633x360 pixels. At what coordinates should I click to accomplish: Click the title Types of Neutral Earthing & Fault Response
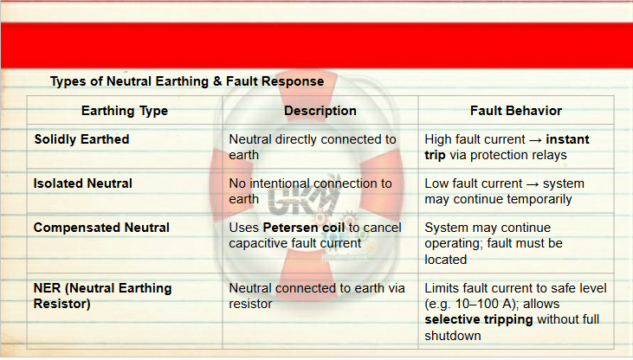pos(187,81)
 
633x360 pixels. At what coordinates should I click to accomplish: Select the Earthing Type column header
pos(125,111)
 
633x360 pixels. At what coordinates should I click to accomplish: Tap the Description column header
pos(320,111)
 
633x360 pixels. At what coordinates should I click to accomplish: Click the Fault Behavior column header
pos(516,111)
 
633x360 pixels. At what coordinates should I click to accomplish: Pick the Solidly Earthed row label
pos(81,139)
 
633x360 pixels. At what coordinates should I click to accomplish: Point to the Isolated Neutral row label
pos(83,183)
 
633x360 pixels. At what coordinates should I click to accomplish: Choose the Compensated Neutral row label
pos(101,228)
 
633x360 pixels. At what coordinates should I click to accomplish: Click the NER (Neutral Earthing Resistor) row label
pos(102,296)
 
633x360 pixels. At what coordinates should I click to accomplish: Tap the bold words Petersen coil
pos(304,228)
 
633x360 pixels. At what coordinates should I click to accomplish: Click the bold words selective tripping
pos(479,319)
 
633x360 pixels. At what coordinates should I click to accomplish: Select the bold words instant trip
pos(507,147)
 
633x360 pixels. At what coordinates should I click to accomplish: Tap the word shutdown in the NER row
pos(453,336)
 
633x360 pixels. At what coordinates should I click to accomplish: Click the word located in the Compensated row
pos(445,260)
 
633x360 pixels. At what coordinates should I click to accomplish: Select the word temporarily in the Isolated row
pos(539,199)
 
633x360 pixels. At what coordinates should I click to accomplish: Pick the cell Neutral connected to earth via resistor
pos(317,296)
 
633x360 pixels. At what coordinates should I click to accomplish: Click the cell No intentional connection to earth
pos(310,191)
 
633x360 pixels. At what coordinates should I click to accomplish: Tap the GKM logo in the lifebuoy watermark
pos(302,198)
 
